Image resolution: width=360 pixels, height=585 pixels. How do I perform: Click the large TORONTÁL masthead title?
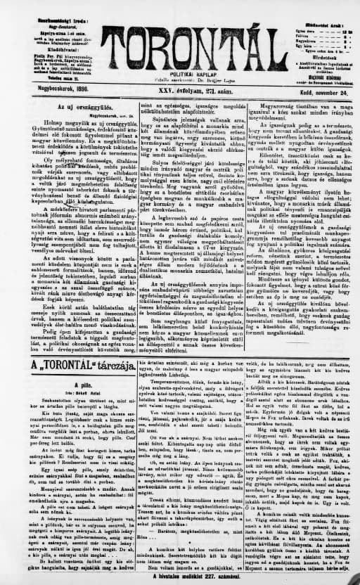[x=182, y=42]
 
